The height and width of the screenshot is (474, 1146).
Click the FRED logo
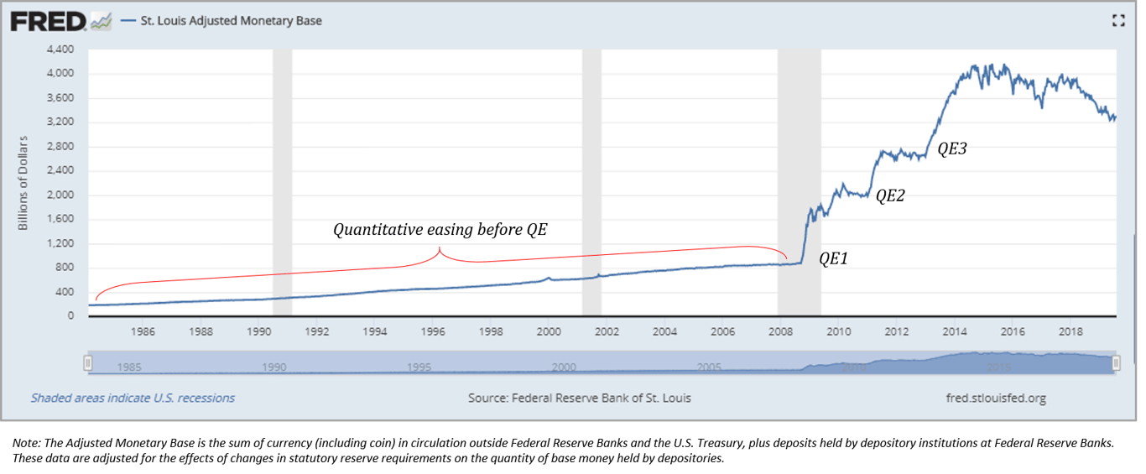point(49,21)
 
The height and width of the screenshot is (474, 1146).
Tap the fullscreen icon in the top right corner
point(1117,21)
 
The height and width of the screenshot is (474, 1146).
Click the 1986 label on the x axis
point(143,332)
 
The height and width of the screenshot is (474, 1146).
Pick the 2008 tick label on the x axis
point(779,332)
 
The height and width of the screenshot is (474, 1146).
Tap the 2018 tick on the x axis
point(1070,332)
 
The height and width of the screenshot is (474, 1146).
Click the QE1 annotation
point(833,259)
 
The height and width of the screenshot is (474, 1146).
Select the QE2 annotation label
point(891,195)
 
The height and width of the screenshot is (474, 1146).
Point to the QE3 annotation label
point(952,149)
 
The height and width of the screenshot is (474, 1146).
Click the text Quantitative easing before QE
point(440,229)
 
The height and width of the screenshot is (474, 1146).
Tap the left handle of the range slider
point(87,362)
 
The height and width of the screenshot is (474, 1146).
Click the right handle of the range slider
point(1116,362)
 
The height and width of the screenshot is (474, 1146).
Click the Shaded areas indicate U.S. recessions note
point(133,398)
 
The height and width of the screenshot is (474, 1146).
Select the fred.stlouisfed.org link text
point(995,398)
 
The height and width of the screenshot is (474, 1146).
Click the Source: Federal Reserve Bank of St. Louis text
point(579,398)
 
